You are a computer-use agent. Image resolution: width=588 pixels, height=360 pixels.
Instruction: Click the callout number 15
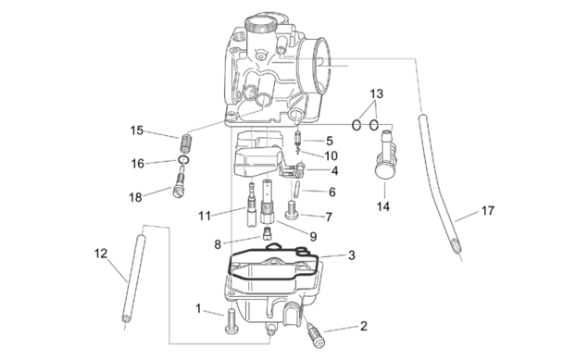(x=137, y=130)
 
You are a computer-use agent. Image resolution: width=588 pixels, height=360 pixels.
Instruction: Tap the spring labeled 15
(x=186, y=142)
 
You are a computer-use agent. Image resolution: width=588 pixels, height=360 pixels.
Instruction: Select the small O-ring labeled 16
(x=183, y=160)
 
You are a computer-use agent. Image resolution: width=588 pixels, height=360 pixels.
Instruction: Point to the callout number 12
(x=101, y=254)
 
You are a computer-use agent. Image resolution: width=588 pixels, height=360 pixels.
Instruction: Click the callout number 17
(x=487, y=211)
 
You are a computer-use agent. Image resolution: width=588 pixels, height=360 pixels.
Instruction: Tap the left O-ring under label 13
(x=357, y=125)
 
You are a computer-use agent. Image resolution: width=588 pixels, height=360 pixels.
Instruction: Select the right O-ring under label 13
(x=373, y=125)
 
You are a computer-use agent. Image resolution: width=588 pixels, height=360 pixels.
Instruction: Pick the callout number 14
(x=382, y=206)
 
